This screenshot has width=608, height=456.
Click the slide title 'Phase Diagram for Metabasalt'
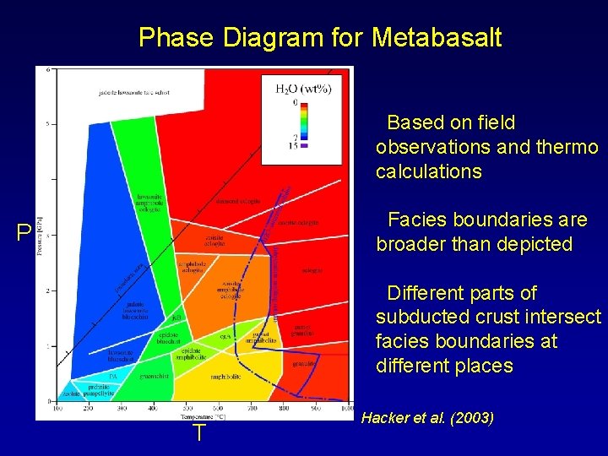click(320, 37)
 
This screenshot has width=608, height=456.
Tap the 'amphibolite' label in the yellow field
click(222, 377)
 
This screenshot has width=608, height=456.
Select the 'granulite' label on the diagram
click(304, 364)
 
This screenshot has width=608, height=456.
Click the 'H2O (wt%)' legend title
click(303, 88)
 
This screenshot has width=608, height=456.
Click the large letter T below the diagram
click(198, 433)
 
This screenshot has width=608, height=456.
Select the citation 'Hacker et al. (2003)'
click(427, 418)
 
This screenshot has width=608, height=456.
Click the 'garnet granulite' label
click(303, 330)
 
